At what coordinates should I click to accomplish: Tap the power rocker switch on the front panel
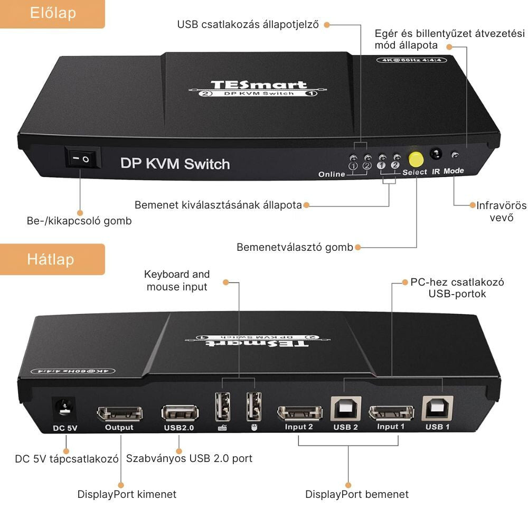[82, 157]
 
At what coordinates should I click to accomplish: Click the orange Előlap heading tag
[52, 13]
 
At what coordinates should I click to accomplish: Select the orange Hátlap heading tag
[51, 259]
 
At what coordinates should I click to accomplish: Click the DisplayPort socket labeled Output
[119, 413]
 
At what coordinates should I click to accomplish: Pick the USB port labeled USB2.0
[180, 413]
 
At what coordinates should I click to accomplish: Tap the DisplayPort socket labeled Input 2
[300, 412]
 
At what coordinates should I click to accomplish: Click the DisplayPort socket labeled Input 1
[391, 412]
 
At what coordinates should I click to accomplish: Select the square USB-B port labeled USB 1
[437, 408]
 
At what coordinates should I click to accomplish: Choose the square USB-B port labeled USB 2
[346, 409]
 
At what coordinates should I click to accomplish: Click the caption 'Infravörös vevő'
[501, 211]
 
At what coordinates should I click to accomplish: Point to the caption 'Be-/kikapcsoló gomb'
[79, 221]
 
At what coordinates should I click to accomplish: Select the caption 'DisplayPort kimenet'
[127, 494]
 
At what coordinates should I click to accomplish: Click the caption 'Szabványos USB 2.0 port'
[189, 458]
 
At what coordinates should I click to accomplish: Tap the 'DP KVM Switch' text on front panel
[175, 163]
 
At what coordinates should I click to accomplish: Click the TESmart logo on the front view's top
[258, 85]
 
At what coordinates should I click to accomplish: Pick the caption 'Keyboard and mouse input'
[177, 280]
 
